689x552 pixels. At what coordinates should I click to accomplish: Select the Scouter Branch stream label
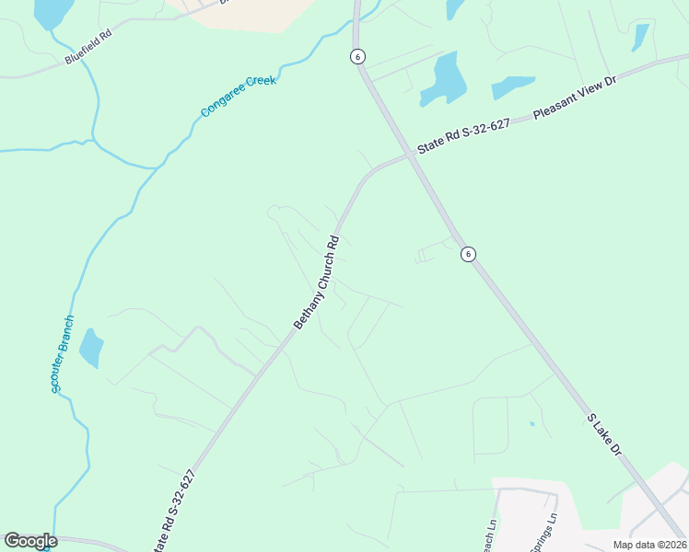click(x=63, y=354)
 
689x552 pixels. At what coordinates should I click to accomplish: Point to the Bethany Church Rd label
click(x=317, y=282)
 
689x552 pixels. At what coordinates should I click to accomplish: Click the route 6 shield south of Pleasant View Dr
click(x=469, y=254)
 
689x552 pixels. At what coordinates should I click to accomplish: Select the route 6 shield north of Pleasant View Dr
click(x=357, y=56)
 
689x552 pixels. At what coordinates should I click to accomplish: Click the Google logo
click(x=30, y=541)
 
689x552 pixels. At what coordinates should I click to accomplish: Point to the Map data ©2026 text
click(x=649, y=545)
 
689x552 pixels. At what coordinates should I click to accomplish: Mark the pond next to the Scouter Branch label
click(x=91, y=348)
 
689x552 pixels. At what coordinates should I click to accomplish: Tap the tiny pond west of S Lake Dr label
click(x=531, y=423)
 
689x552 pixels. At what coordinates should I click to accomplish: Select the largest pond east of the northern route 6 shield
click(x=439, y=79)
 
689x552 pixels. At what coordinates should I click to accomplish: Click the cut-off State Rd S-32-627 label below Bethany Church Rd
click(x=179, y=511)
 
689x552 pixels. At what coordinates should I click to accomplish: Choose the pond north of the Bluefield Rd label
click(x=53, y=11)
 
